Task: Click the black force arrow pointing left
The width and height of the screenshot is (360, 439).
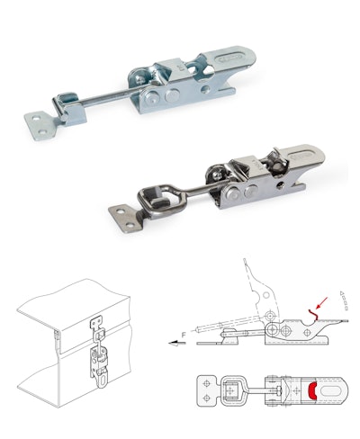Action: [177, 343]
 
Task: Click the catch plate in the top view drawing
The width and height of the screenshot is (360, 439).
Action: [208, 390]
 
